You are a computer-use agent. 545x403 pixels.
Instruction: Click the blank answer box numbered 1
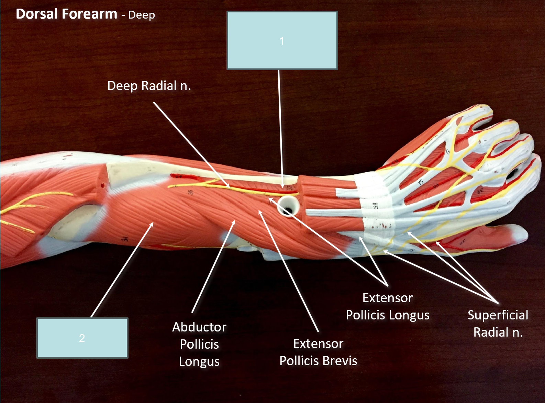(x=282, y=40)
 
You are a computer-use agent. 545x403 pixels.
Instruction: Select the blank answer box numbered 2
(x=82, y=338)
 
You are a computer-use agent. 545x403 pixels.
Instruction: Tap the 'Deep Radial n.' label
(x=149, y=86)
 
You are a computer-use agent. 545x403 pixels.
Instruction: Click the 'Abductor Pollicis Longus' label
(x=199, y=344)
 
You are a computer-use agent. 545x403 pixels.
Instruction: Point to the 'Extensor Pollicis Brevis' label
(x=318, y=352)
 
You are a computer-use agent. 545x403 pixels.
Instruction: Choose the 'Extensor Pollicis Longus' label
(x=388, y=306)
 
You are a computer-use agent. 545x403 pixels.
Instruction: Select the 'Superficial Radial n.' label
(x=498, y=324)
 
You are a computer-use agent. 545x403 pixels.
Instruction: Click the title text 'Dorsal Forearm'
(x=66, y=14)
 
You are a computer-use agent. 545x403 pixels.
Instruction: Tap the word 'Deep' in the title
(x=142, y=15)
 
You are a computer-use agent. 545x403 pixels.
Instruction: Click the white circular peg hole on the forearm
(x=288, y=206)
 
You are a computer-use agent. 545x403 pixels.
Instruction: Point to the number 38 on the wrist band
(x=375, y=205)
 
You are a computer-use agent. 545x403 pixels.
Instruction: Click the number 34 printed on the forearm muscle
(x=125, y=238)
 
